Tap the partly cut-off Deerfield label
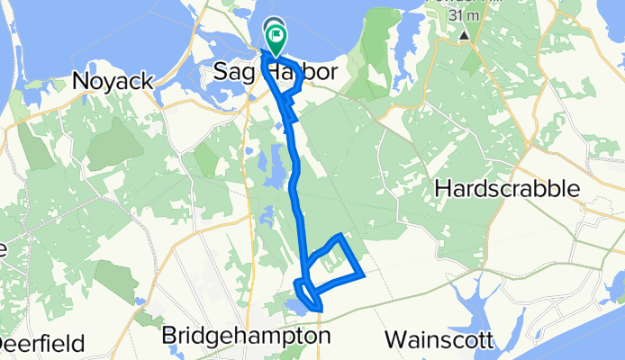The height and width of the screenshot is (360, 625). [x=42, y=344]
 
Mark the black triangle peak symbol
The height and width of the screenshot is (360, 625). [x=464, y=36]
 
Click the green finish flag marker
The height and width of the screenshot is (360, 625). [x=276, y=39]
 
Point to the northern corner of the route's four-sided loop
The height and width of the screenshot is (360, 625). [x=340, y=236]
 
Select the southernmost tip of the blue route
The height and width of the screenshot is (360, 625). [x=320, y=312]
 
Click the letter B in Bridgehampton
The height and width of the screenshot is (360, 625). [x=169, y=337]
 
